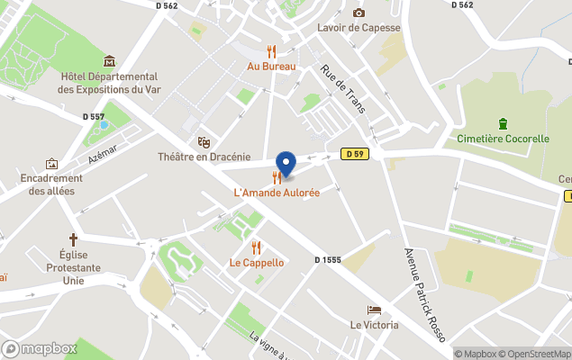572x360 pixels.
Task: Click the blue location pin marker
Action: [286, 163]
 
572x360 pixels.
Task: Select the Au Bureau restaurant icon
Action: [271, 51]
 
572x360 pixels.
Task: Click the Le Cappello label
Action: [257, 263]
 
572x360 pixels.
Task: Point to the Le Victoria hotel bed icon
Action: [374, 310]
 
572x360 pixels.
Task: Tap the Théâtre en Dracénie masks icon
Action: [204, 142]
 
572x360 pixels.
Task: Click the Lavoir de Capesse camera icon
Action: [359, 13]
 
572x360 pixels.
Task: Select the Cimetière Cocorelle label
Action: [503, 139]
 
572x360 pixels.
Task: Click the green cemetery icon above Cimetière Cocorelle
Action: [503, 123]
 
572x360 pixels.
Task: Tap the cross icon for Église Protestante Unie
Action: [73, 240]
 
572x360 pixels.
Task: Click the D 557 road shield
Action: [94, 115]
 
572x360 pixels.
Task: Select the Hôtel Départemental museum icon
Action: [109, 61]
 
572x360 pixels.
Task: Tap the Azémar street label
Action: [103, 155]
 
